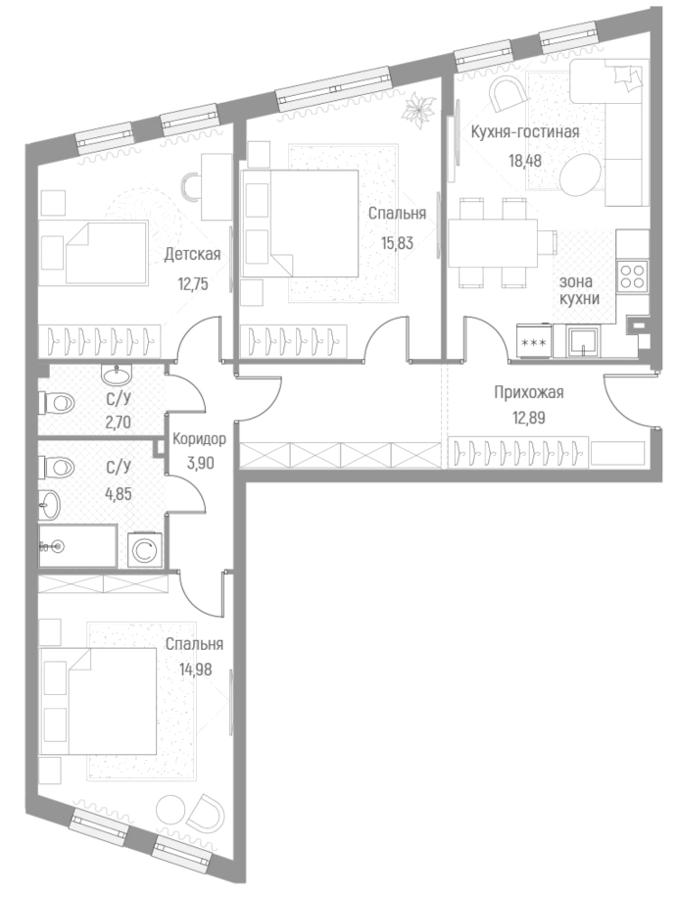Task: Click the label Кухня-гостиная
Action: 525,132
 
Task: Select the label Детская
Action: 191,255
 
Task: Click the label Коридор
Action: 199,439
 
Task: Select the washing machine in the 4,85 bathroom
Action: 143,550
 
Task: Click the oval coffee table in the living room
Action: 584,174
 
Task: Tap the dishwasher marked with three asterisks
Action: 534,342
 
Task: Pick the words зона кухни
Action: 579,290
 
